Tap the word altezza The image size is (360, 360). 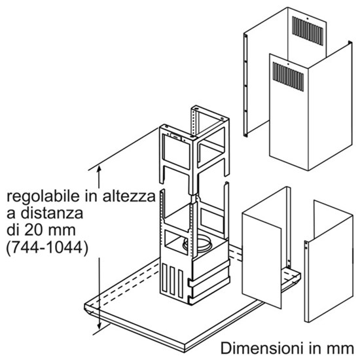point(129,196)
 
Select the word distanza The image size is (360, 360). point(52,213)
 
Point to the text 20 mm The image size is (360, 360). point(50,230)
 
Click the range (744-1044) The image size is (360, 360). point(47,247)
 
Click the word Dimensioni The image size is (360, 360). point(260,348)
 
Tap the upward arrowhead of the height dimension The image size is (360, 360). point(99,170)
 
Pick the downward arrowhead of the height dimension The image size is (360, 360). point(99,325)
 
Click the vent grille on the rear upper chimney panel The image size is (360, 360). point(308,31)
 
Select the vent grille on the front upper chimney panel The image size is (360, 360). point(288,77)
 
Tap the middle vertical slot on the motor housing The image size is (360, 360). point(172,280)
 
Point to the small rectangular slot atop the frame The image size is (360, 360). point(176,136)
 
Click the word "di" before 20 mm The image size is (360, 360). point(13,230)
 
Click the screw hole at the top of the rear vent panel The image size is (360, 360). point(308,18)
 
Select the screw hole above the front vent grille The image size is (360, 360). point(288,65)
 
